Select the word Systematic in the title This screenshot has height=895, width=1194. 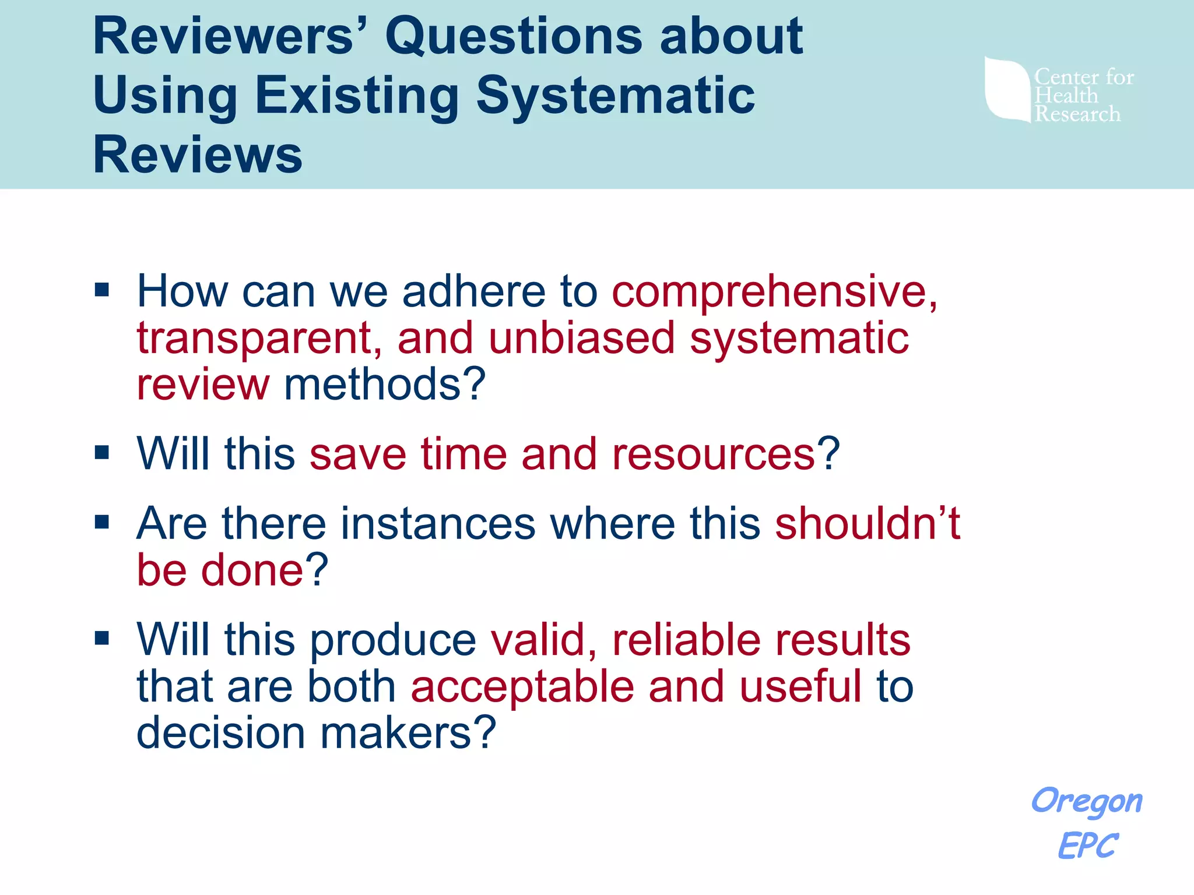pyautogui.click(x=615, y=96)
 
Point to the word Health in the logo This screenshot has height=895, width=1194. pyautogui.click(x=1066, y=96)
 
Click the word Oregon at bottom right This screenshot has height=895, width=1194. pyautogui.click(x=1087, y=802)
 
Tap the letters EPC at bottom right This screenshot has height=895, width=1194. pyautogui.click(x=1088, y=845)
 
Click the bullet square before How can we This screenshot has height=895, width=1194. pyautogui.click(x=102, y=290)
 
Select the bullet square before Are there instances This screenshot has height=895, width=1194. pyautogui.click(x=102, y=522)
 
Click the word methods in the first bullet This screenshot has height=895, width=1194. pyautogui.click(x=385, y=385)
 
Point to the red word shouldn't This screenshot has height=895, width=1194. pyautogui.click(x=867, y=523)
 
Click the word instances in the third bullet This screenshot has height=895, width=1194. pyautogui.click(x=438, y=523)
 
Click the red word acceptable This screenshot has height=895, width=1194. pyautogui.click(x=522, y=686)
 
